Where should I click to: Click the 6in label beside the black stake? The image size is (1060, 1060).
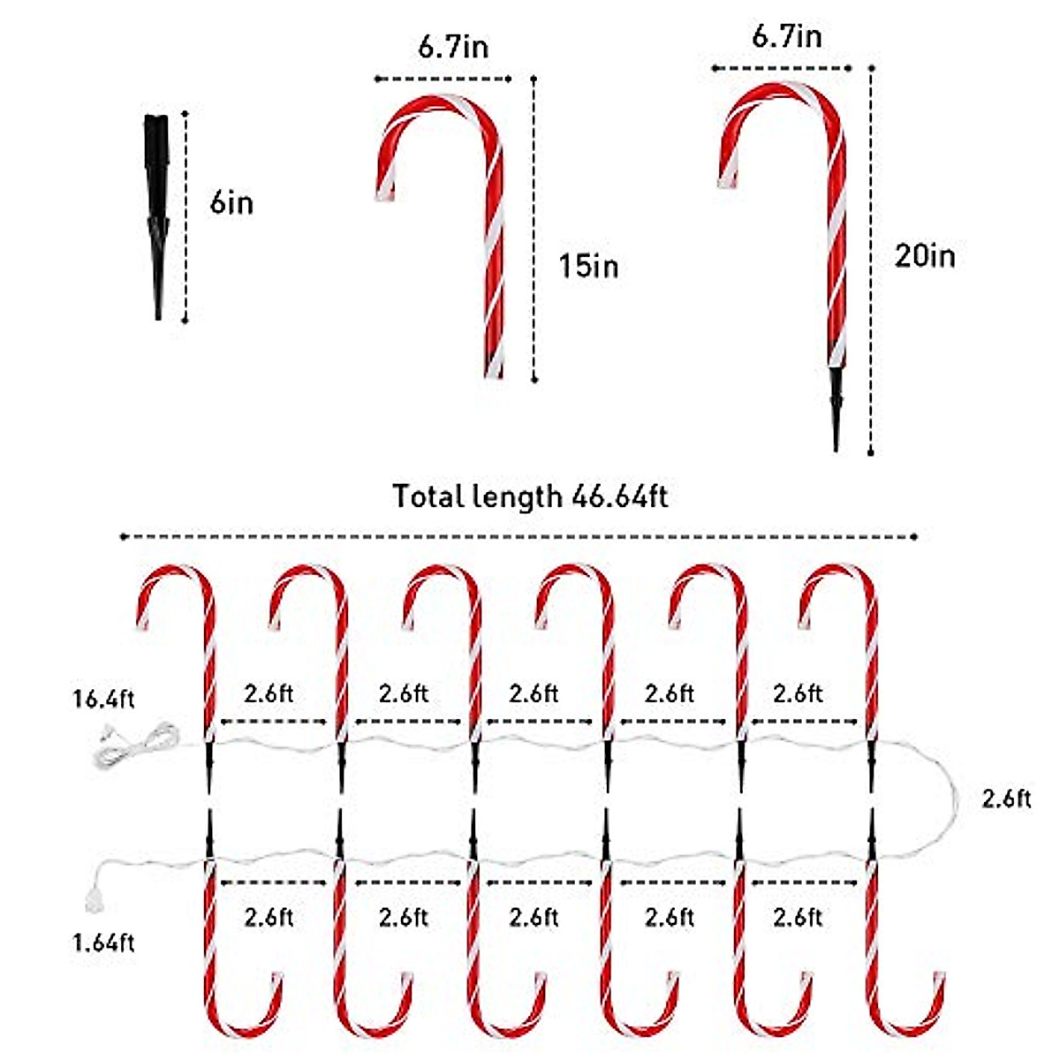[x=231, y=203]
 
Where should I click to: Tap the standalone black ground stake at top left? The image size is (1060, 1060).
[x=157, y=212]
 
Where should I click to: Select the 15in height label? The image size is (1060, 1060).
[x=588, y=265]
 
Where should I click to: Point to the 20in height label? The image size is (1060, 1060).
[x=924, y=256]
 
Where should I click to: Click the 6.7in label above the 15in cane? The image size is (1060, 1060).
[x=452, y=47]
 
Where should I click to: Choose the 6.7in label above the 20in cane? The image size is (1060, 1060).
[x=786, y=36]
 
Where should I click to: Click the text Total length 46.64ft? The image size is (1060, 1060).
[x=530, y=496]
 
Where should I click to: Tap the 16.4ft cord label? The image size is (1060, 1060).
[x=103, y=700]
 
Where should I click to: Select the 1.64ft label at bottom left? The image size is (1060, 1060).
[x=103, y=943]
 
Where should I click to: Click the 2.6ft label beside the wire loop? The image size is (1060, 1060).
[x=1006, y=799]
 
